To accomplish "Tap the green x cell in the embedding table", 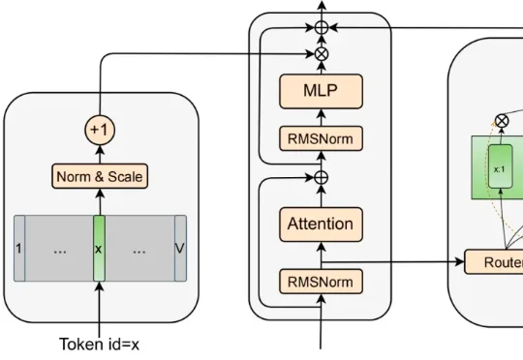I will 99,250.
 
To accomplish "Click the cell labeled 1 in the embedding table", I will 19,250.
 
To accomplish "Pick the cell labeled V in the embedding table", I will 178,250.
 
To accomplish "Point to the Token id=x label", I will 99,344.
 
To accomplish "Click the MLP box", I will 321,93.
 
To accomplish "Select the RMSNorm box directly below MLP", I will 321,138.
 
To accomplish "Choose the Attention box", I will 321,224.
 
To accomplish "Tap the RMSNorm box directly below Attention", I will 321,281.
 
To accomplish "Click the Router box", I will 494,262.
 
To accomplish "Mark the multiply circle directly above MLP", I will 321,54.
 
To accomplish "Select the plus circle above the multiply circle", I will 321,29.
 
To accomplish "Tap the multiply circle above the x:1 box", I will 501,121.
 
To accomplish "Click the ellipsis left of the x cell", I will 60,250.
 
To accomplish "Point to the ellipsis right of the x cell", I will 139,250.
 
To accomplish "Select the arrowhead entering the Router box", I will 461,262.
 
